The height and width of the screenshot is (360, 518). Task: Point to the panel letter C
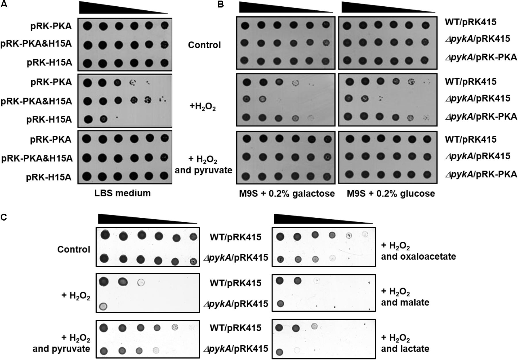pyautogui.click(x=4, y=217)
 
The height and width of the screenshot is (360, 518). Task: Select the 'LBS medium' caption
pyautogui.click(x=122, y=193)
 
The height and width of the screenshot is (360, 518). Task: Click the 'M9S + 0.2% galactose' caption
pyautogui.click(x=287, y=194)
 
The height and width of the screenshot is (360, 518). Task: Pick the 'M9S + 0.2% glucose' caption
pyautogui.click(x=391, y=194)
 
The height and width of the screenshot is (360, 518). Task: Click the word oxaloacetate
pyautogui.click(x=419, y=256)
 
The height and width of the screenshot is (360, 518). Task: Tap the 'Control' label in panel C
pyautogui.click(x=74, y=249)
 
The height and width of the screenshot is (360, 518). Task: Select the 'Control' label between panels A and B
pyautogui.click(x=204, y=45)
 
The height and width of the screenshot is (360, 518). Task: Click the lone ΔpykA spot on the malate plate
pyautogui.click(x=280, y=303)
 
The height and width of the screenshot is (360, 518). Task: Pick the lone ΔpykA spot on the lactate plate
pyautogui.click(x=279, y=352)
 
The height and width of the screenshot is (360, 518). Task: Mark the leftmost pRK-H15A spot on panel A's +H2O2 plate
pyautogui.click(x=87, y=119)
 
